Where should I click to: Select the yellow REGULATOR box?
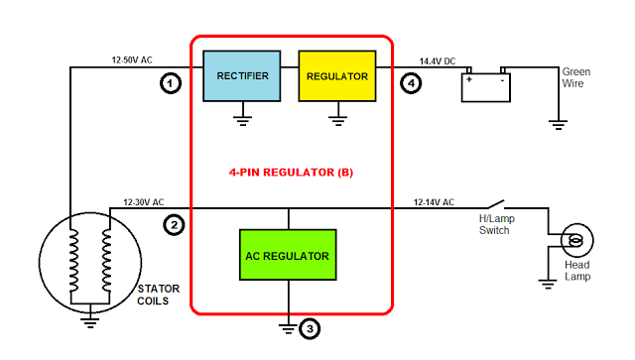pos(337,76)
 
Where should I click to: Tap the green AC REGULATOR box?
pos(287,256)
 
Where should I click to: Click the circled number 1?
pos(172,84)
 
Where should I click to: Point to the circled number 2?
pos(174,224)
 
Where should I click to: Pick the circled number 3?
pos(311,328)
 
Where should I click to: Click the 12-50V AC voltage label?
pos(132,60)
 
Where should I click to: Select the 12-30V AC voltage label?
pos(143,201)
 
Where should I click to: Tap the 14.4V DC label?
pos(437,60)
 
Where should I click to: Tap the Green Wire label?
pos(576,78)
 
